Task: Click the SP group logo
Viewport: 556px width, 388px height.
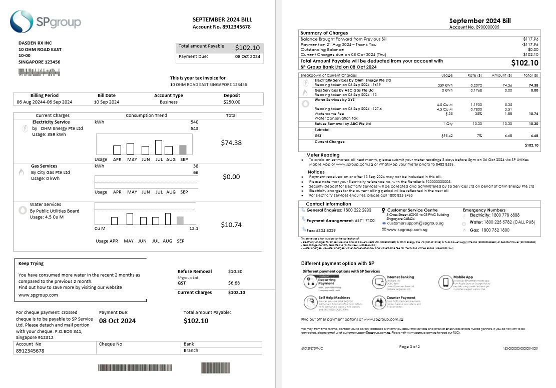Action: tap(45, 21)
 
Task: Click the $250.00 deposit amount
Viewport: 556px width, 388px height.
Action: tap(232, 102)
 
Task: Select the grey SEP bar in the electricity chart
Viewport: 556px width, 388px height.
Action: tap(183, 149)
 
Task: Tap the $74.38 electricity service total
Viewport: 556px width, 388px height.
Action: tap(231, 142)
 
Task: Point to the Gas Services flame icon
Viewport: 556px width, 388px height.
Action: tap(21, 172)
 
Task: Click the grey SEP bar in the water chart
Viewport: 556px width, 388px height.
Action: tap(180, 220)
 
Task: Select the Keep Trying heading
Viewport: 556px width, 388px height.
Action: tap(31, 263)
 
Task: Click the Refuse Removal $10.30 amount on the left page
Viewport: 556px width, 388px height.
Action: tap(235, 271)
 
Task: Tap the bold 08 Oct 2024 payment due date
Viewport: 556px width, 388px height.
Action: tap(117, 320)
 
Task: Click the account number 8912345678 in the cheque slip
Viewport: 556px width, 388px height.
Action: tap(30, 351)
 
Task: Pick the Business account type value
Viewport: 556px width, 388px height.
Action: tap(169, 102)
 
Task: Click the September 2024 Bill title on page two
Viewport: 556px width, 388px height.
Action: tap(480, 20)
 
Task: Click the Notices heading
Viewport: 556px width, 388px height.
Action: tap(316, 172)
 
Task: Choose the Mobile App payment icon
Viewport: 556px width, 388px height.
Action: tap(446, 282)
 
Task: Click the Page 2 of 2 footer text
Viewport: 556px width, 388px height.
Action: tap(410, 346)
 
